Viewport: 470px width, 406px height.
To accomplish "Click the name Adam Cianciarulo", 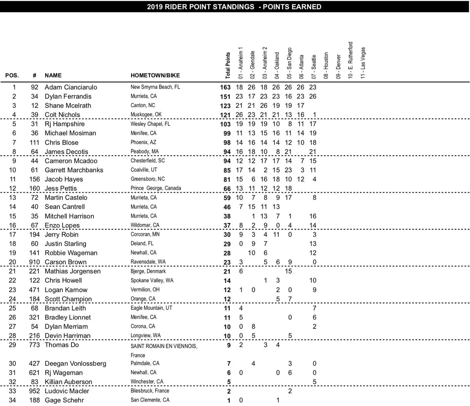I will [x=71, y=87].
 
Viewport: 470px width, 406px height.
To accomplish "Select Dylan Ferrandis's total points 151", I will [x=225, y=97].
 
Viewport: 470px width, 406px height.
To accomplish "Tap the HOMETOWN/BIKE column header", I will [x=155, y=75].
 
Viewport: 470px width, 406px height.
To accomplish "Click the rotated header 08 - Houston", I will [x=326, y=65].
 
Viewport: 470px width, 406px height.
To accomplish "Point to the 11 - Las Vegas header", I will [x=363, y=63].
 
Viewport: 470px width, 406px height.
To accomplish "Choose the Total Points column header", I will [x=228, y=65].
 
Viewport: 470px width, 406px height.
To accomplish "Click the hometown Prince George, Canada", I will [x=156, y=188].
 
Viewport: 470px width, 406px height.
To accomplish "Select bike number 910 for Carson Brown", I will [x=35, y=262].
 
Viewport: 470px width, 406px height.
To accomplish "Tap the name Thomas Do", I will [x=62, y=345].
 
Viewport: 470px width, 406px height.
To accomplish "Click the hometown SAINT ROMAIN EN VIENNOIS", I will [x=164, y=346].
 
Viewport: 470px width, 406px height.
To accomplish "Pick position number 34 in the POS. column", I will [x=12, y=400].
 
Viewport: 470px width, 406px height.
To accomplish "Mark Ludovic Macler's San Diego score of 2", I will [x=290, y=391].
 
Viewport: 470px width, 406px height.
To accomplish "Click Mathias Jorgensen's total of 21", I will [x=227, y=271].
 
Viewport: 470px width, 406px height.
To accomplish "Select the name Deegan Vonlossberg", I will [x=75, y=363].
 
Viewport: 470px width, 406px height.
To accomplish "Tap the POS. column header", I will [x=12, y=75].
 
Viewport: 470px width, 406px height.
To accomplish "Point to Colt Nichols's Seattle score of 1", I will [x=314, y=115].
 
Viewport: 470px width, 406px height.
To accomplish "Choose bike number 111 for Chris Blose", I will [x=34, y=143].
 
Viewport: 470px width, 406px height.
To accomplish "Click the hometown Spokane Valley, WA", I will [x=152, y=281].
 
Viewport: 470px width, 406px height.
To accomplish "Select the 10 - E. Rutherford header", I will [x=350, y=60].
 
